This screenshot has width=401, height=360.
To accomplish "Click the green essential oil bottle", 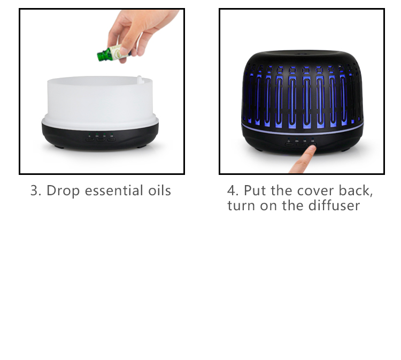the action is click(112, 53).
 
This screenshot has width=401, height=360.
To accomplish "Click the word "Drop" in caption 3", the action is click(63, 191).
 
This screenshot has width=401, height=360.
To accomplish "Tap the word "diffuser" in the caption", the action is click(334, 205).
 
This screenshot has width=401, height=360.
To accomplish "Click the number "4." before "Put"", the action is click(233, 190).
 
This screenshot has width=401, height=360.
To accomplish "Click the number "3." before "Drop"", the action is click(36, 191).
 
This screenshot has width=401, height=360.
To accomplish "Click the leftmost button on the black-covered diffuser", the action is click(289, 144).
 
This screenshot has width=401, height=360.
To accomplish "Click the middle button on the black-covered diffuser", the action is click(300, 144).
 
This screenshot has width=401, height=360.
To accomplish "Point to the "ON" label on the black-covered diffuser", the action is click(297, 141).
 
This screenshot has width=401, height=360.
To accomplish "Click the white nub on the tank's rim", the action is click(140, 79).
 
